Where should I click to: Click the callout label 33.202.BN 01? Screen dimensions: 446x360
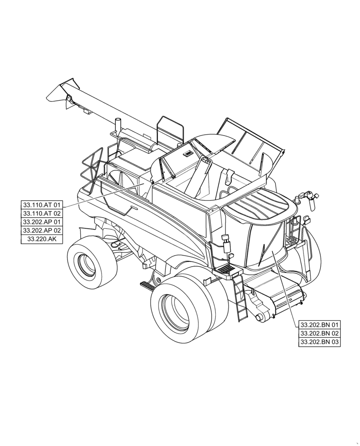(x=319, y=325)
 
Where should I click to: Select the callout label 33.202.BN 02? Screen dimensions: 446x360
(x=319, y=333)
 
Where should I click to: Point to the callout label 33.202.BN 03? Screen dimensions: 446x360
(x=319, y=342)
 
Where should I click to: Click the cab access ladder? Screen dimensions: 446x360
(x=239, y=297)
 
